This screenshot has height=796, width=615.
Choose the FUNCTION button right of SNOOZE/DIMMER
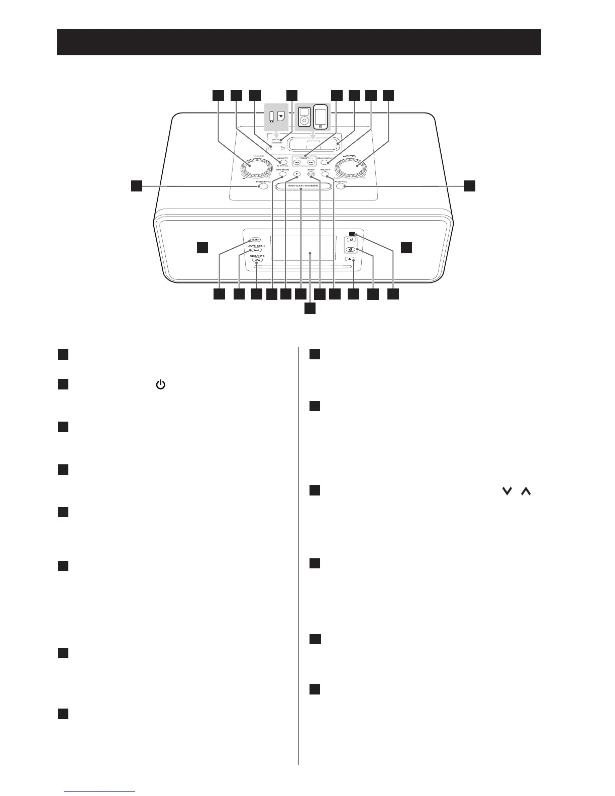pyautogui.click(x=342, y=186)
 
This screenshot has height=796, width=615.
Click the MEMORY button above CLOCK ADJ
pyautogui.click(x=283, y=162)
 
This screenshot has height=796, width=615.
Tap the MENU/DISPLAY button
pyautogui.click(x=325, y=162)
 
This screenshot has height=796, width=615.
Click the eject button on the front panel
pyautogui.click(x=351, y=260)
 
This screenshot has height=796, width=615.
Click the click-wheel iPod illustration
pyautogui.click(x=304, y=117)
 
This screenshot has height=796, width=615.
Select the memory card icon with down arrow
pyautogui.click(x=281, y=115)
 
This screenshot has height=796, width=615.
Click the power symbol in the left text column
pyautogui.click(x=160, y=385)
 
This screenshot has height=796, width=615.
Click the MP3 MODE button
pyautogui.click(x=282, y=175)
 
